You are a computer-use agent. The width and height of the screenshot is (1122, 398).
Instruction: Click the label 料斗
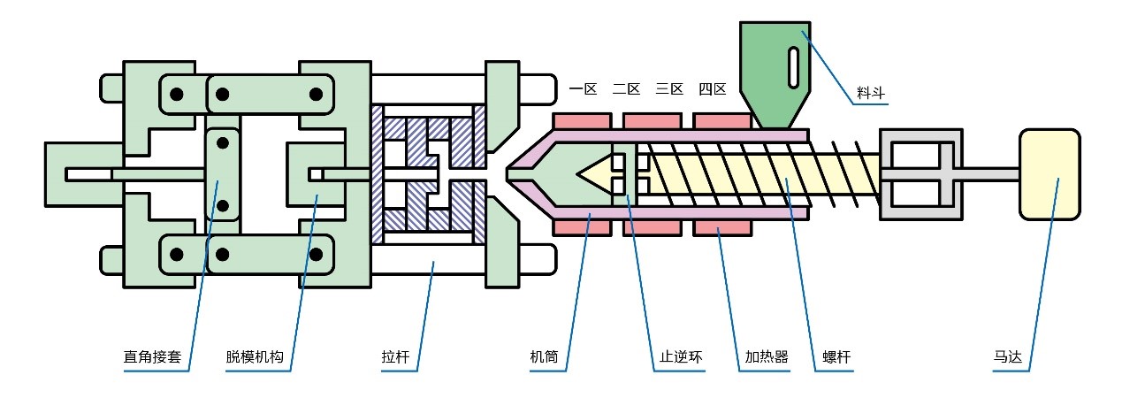tap(871, 91)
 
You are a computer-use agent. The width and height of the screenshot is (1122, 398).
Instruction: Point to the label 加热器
tap(767, 359)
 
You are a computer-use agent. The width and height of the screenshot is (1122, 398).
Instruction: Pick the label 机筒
tap(544, 359)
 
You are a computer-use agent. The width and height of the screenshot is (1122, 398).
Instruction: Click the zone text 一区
tap(584, 88)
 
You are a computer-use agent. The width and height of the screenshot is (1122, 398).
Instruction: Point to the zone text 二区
tap(626, 88)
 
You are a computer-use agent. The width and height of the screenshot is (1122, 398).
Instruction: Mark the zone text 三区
tap(669, 88)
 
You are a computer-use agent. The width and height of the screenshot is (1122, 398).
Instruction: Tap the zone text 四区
tap(712, 88)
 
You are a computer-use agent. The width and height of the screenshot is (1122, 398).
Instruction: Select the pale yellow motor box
tap(1049, 174)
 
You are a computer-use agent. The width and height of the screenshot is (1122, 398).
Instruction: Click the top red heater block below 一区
tap(581, 120)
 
